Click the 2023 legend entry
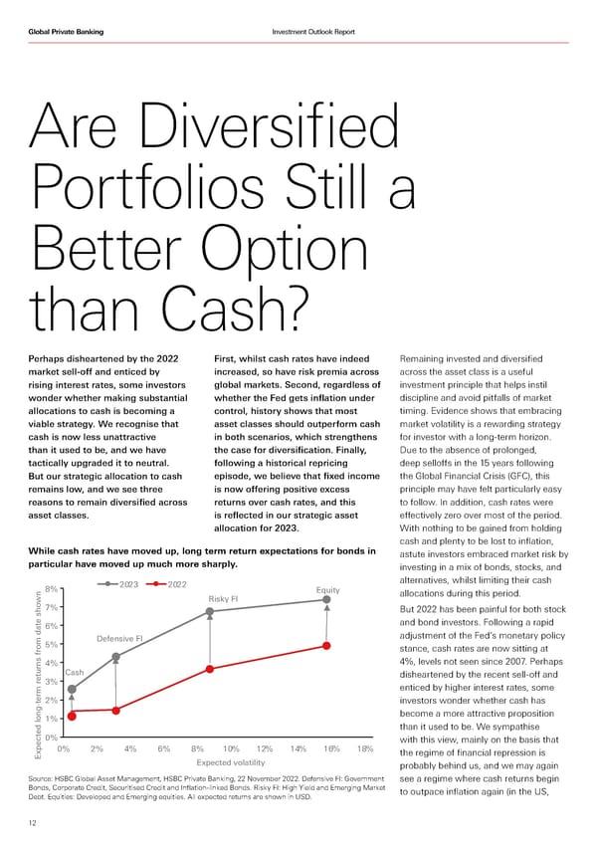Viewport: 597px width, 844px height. tap(120, 584)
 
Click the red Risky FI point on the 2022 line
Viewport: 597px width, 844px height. tap(210, 669)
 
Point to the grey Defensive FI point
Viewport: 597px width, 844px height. tap(116, 657)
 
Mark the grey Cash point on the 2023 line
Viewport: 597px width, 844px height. tap(72, 689)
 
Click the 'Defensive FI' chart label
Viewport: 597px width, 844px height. tap(120, 638)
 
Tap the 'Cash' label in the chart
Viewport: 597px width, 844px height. tap(74, 673)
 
